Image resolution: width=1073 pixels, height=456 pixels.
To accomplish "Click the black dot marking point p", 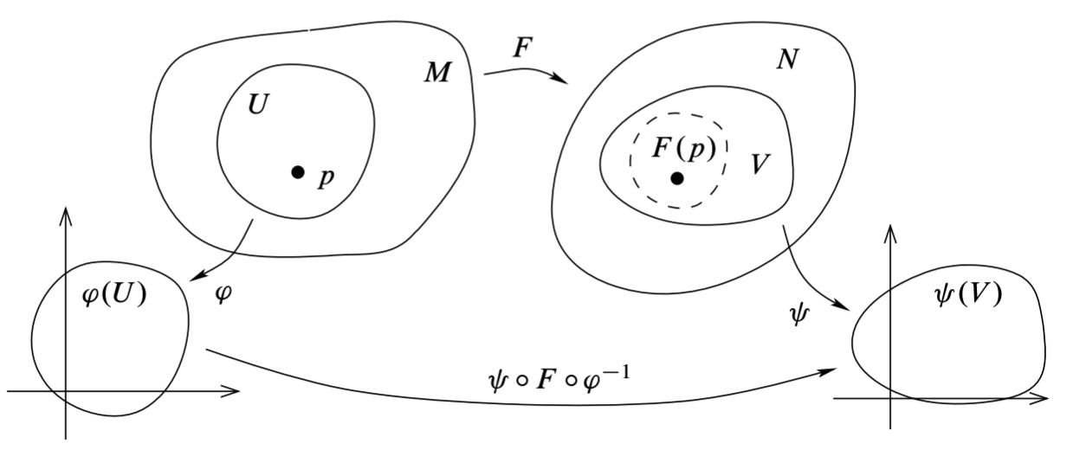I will coord(298,172).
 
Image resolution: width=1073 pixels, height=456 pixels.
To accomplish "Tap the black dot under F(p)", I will coord(677,178).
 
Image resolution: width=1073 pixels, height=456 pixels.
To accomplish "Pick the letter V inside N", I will coord(760,164).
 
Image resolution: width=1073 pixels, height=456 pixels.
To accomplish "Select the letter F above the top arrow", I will coord(520,48).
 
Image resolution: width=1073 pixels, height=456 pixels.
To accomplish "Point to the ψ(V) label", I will coord(967,295).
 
